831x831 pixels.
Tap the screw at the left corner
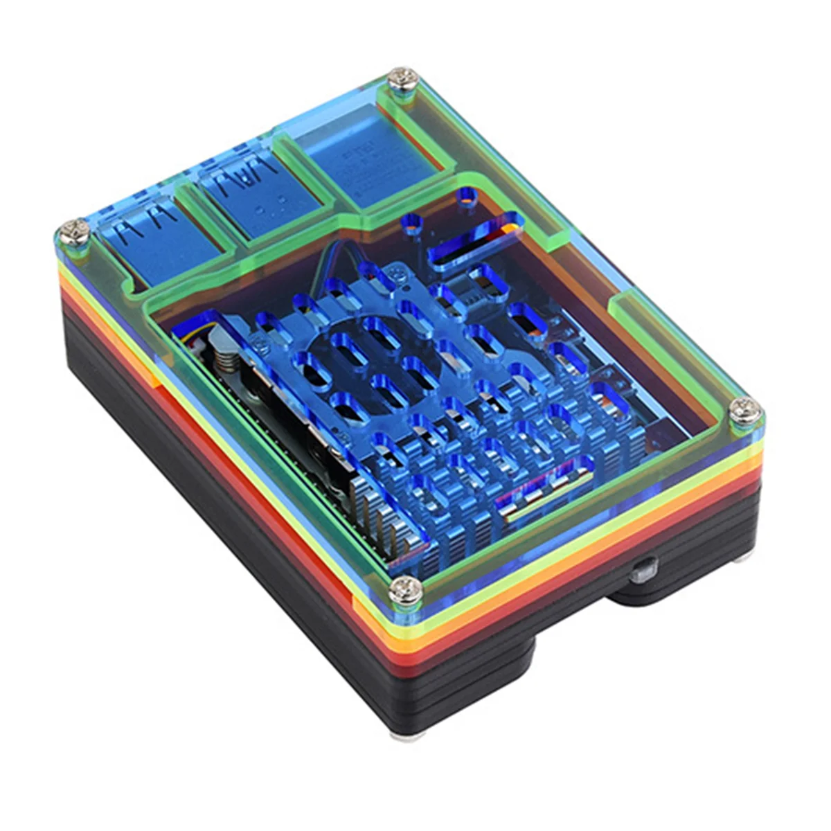73,233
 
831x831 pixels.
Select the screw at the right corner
745,413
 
